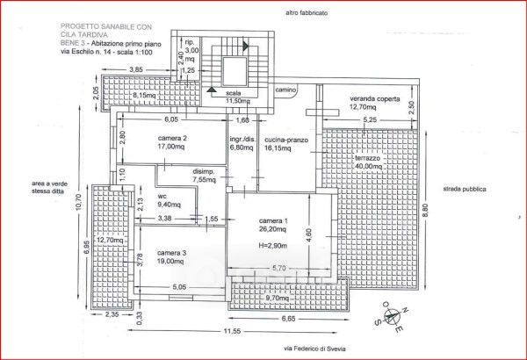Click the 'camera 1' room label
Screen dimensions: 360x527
click(x=272, y=220)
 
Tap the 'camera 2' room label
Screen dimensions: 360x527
click(x=171, y=138)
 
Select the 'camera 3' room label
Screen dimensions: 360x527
click(x=172, y=253)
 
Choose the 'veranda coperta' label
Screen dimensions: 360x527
click(x=375, y=98)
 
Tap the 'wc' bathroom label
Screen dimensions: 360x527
click(x=162, y=195)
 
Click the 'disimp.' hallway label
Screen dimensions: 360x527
click(x=204, y=170)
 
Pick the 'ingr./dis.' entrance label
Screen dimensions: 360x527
click(x=242, y=139)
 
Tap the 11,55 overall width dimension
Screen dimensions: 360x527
click(x=231, y=330)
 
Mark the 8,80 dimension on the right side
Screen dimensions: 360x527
click(x=425, y=209)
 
